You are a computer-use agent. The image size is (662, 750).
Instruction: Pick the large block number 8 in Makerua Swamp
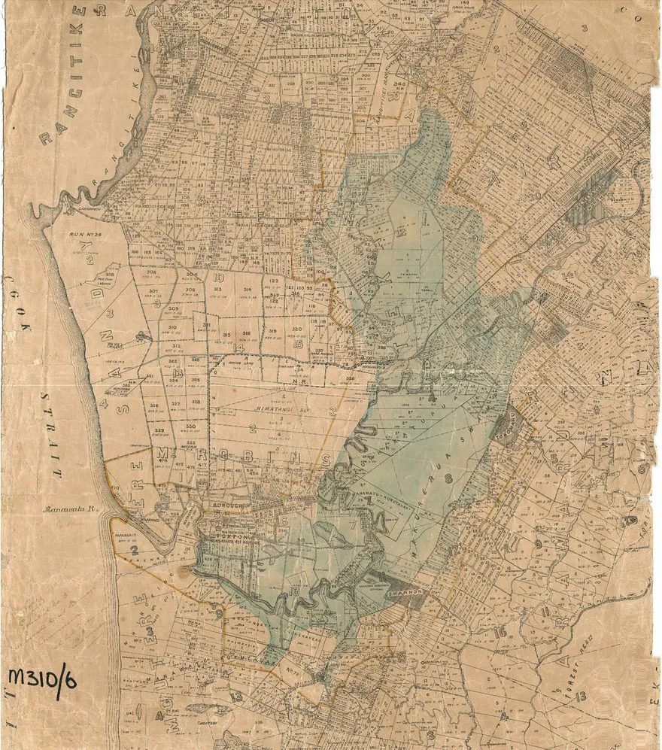coord(448,477)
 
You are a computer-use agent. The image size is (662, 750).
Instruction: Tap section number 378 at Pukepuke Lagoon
coord(110,275)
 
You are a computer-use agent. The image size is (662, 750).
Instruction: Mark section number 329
coord(159,430)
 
